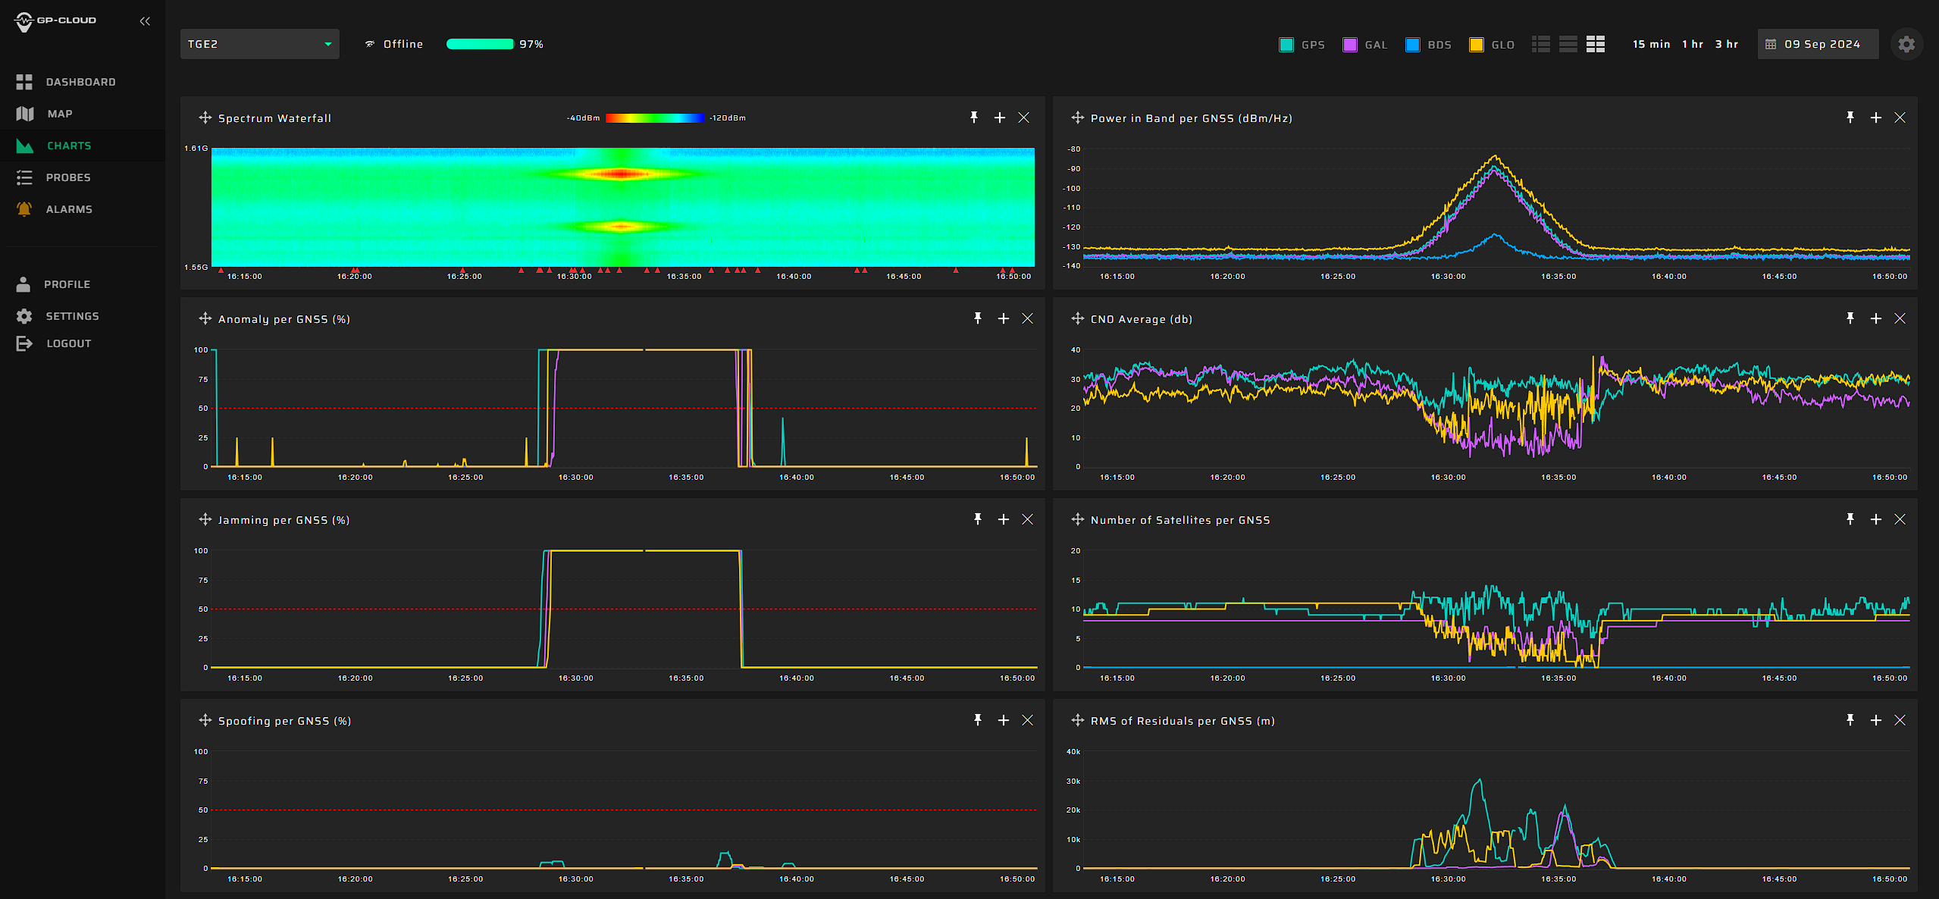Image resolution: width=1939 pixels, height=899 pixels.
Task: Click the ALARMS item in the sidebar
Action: pos(68,209)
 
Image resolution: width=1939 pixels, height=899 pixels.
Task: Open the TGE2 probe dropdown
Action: pos(259,44)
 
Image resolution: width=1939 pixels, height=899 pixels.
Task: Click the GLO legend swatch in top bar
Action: pos(1476,45)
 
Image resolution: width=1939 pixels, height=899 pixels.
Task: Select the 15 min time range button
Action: pos(1651,44)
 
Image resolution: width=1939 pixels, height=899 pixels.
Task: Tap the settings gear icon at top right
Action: pos(1906,44)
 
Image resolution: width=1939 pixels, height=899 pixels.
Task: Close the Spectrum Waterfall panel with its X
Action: pos(1023,117)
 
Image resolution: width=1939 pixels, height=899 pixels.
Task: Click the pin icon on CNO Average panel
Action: pos(1850,318)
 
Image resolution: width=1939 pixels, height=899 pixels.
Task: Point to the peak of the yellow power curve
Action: pos(1495,156)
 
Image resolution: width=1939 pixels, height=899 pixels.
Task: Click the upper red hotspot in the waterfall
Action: pos(621,174)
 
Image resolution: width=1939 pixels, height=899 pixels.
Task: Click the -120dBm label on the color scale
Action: pos(727,117)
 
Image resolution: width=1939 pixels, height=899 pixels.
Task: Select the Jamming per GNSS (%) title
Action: pos(283,520)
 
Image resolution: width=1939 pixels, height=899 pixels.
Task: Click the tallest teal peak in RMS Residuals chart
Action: pos(1479,780)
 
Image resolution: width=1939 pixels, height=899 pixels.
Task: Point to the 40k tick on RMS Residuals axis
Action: pos(1073,751)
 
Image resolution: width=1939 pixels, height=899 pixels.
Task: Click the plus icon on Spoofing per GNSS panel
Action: pos(1003,720)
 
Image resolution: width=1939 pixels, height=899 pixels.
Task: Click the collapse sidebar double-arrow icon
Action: pos(145,21)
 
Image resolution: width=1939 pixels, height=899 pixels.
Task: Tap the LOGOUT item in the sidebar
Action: pos(68,343)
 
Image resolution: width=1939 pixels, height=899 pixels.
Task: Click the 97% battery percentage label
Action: pos(531,44)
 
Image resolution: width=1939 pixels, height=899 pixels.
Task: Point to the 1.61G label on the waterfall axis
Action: pos(196,148)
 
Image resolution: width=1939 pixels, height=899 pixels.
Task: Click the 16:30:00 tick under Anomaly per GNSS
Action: pos(575,478)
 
